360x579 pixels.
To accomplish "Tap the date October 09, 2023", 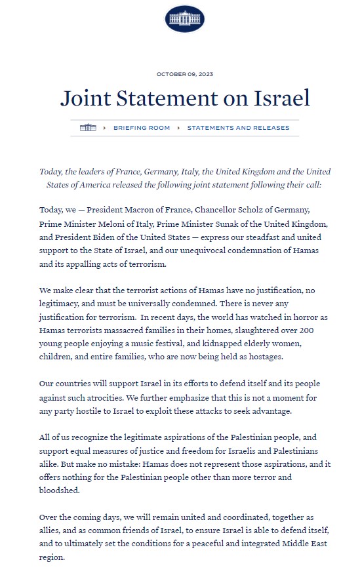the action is pyautogui.click(x=184, y=73).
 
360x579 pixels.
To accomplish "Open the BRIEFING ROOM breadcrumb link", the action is pyautogui.click(x=141, y=128).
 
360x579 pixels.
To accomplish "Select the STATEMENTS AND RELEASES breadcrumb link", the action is pyautogui.click(x=238, y=128).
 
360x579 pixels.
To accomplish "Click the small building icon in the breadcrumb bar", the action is pyautogui.click(x=88, y=128).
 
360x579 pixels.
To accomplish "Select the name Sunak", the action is pyautogui.click(x=237, y=224).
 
